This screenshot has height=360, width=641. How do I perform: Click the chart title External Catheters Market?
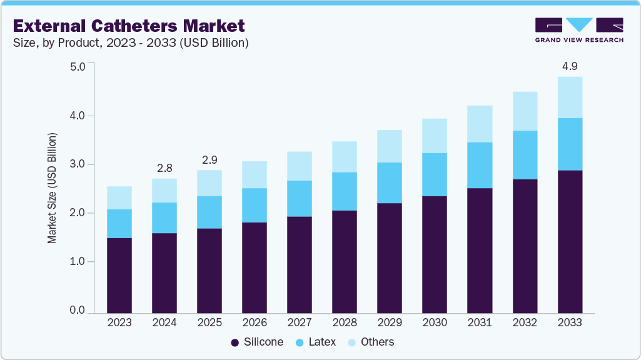pyautogui.click(x=129, y=26)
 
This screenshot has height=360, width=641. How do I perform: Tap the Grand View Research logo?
pyautogui.click(x=579, y=30)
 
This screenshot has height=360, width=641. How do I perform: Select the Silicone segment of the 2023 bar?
pyautogui.click(x=119, y=275)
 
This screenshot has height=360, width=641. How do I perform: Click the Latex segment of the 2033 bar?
pyautogui.click(x=570, y=144)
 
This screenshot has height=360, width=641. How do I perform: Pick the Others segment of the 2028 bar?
pyautogui.click(x=345, y=156)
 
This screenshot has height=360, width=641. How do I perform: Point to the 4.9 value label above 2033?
pyautogui.click(x=570, y=66)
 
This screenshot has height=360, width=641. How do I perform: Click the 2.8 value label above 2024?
pyautogui.click(x=164, y=167)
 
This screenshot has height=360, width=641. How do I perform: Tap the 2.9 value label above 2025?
pyautogui.click(x=209, y=159)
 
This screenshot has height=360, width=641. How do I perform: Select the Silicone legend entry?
pyautogui.click(x=257, y=342)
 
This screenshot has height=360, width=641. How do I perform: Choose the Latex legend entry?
pyautogui.click(x=316, y=342)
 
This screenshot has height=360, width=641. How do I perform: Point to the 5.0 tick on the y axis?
pyautogui.click(x=77, y=66)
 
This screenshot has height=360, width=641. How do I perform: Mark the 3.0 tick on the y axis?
pyautogui.click(x=77, y=164)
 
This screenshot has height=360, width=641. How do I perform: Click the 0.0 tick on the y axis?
pyautogui.click(x=77, y=311)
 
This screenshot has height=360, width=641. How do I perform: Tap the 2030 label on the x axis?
pyautogui.click(x=435, y=323)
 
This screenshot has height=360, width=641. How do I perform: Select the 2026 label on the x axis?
pyautogui.click(x=255, y=323)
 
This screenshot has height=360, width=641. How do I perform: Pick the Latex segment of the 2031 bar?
pyautogui.click(x=480, y=165)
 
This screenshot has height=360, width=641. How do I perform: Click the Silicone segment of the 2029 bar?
pyautogui.click(x=390, y=257)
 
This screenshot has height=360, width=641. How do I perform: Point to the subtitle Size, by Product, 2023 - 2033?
pyautogui.click(x=131, y=42)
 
